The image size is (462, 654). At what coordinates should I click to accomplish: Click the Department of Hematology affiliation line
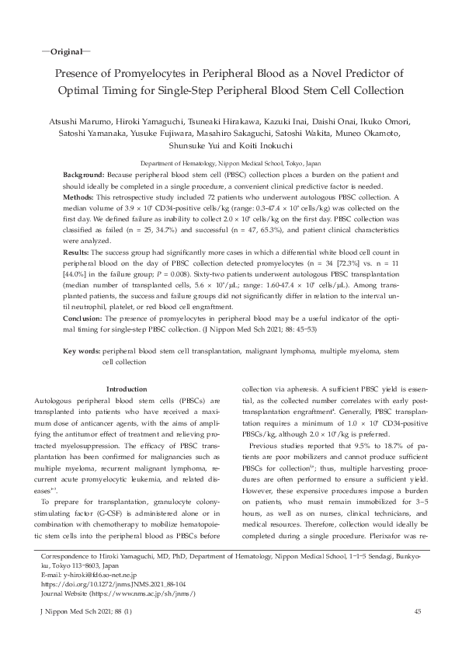pos(231,165)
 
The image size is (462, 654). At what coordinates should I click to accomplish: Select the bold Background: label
pos(84,176)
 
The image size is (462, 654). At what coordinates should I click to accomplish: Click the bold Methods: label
pos(80,198)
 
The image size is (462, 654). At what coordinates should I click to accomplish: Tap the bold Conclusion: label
pos(82,318)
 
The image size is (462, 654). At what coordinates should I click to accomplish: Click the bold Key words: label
pos(81,351)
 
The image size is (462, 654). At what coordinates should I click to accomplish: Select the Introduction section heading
pos(125,388)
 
